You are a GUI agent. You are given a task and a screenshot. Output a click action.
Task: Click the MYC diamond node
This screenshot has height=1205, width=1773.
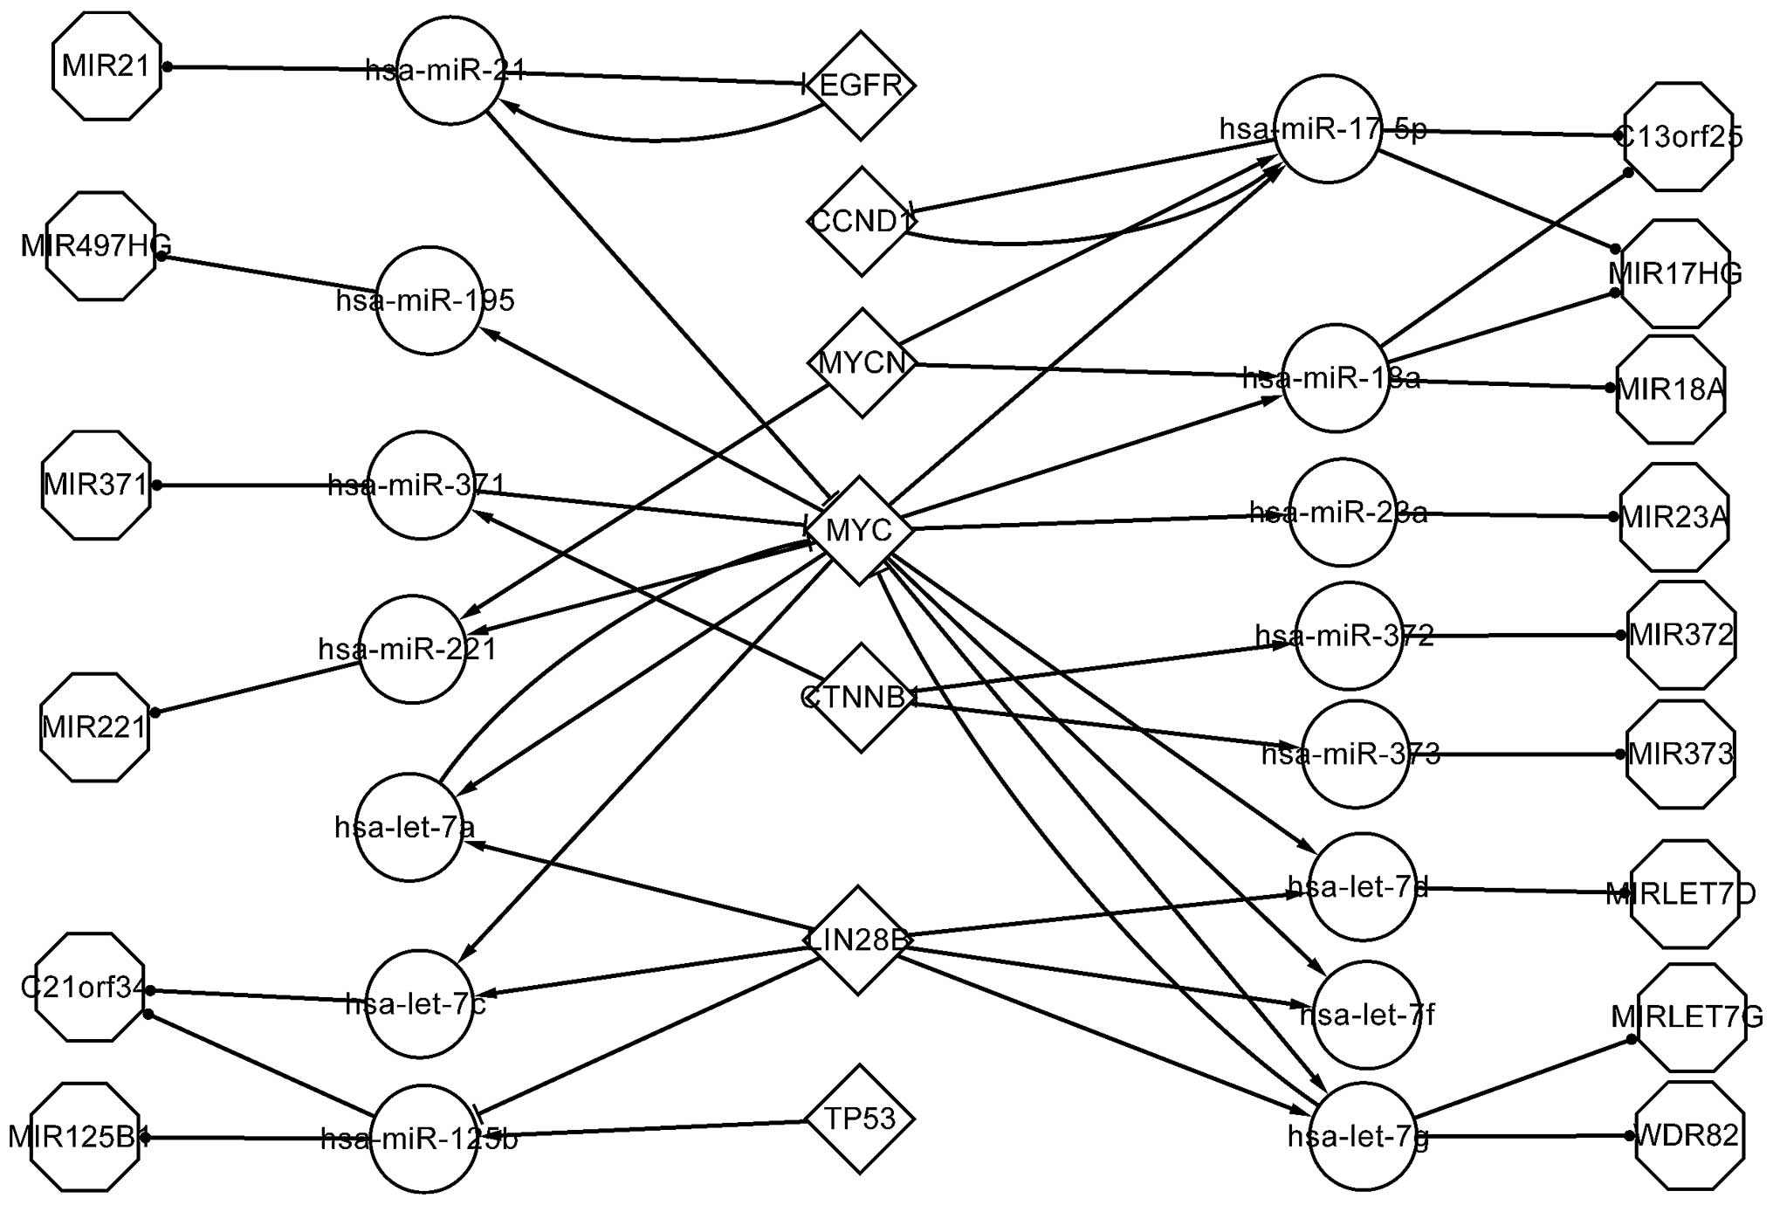(859, 530)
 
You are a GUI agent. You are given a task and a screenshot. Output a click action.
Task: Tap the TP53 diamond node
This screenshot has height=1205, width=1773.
(860, 1119)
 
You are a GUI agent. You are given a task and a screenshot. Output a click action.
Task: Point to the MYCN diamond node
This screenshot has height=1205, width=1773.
(862, 362)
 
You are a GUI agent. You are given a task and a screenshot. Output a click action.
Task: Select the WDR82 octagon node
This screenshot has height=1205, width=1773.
(1689, 1136)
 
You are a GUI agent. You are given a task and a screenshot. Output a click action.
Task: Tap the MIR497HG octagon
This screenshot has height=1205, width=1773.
(100, 246)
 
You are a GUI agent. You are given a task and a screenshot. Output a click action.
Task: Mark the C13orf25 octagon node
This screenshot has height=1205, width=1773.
(1677, 137)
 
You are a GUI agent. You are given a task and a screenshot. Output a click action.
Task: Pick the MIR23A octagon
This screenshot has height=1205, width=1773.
(1673, 517)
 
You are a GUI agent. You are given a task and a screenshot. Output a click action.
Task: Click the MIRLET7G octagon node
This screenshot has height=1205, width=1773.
(1691, 1017)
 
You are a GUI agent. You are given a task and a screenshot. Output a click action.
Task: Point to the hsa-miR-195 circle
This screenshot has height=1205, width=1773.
(429, 300)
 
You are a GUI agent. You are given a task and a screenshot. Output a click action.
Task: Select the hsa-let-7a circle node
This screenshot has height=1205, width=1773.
(409, 827)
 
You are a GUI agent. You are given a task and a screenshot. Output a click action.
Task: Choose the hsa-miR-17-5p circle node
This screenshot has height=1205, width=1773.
(1327, 129)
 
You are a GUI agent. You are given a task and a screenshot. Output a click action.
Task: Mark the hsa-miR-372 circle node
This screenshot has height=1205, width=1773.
(1348, 636)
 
